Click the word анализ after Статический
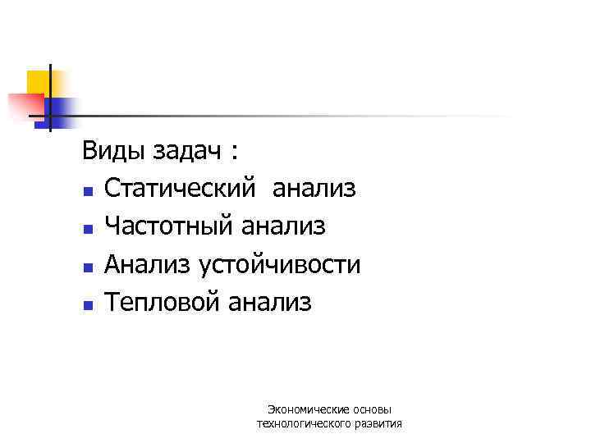(x=314, y=190)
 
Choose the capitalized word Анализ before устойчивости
(x=147, y=265)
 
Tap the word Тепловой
(x=163, y=303)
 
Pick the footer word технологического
(x=303, y=423)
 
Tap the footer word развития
(x=378, y=423)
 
